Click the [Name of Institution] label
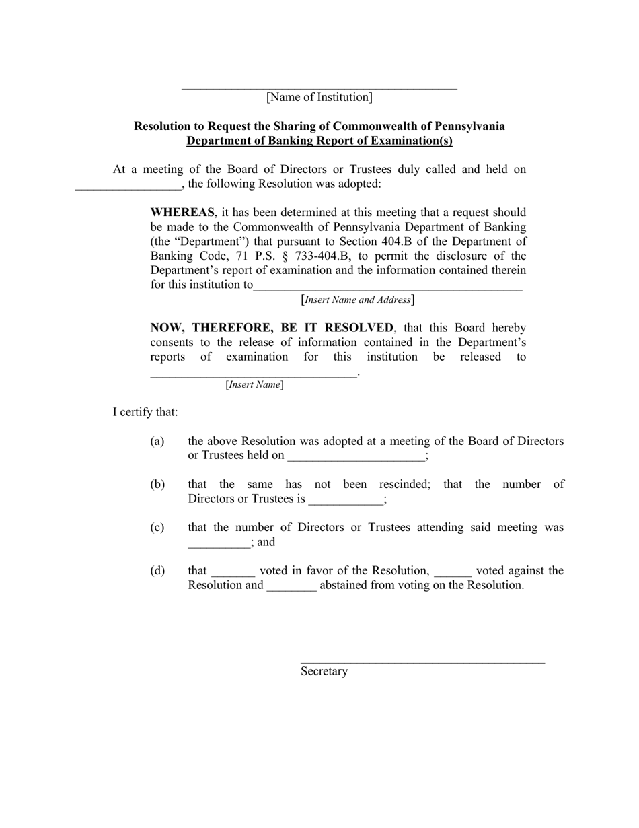click(x=319, y=97)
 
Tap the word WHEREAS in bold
click(x=182, y=213)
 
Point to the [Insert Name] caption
click(x=254, y=384)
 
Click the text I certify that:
click(x=145, y=412)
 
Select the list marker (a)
click(x=157, y=442)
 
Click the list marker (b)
click(x=157, y=485)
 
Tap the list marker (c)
click(x=157, y=528)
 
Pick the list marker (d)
click(x=157, y=571)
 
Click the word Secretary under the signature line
click(x=324, y=671)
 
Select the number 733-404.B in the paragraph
click(x=323, y=256)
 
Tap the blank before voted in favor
click(x=233, y=573)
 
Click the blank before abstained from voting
click(x=291, y=587)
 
